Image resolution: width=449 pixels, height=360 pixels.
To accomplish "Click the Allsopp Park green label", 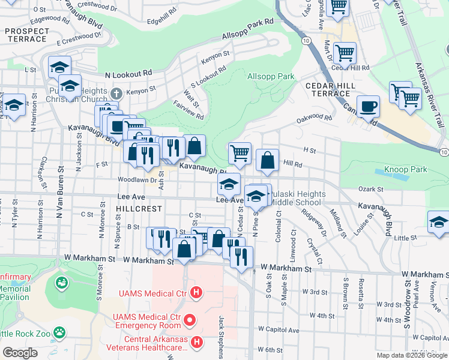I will tap(271, 76).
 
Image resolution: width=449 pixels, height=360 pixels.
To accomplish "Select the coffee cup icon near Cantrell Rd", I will tap(368, 107).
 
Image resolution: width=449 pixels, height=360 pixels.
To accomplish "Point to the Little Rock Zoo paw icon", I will tap(59, 331).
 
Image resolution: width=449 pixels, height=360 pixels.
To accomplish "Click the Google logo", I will tap(20, 352).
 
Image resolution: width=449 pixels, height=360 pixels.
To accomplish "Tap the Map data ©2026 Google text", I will tap(411, 355).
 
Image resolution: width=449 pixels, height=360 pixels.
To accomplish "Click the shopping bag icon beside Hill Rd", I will tap(267, 160).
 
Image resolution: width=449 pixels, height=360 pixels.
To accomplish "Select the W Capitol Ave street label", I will tap(278, 331).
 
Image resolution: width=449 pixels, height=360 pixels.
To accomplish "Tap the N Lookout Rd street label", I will tap(128, 73).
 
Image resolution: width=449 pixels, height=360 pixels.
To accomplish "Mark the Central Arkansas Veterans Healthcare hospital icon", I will tap(196, 342).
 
